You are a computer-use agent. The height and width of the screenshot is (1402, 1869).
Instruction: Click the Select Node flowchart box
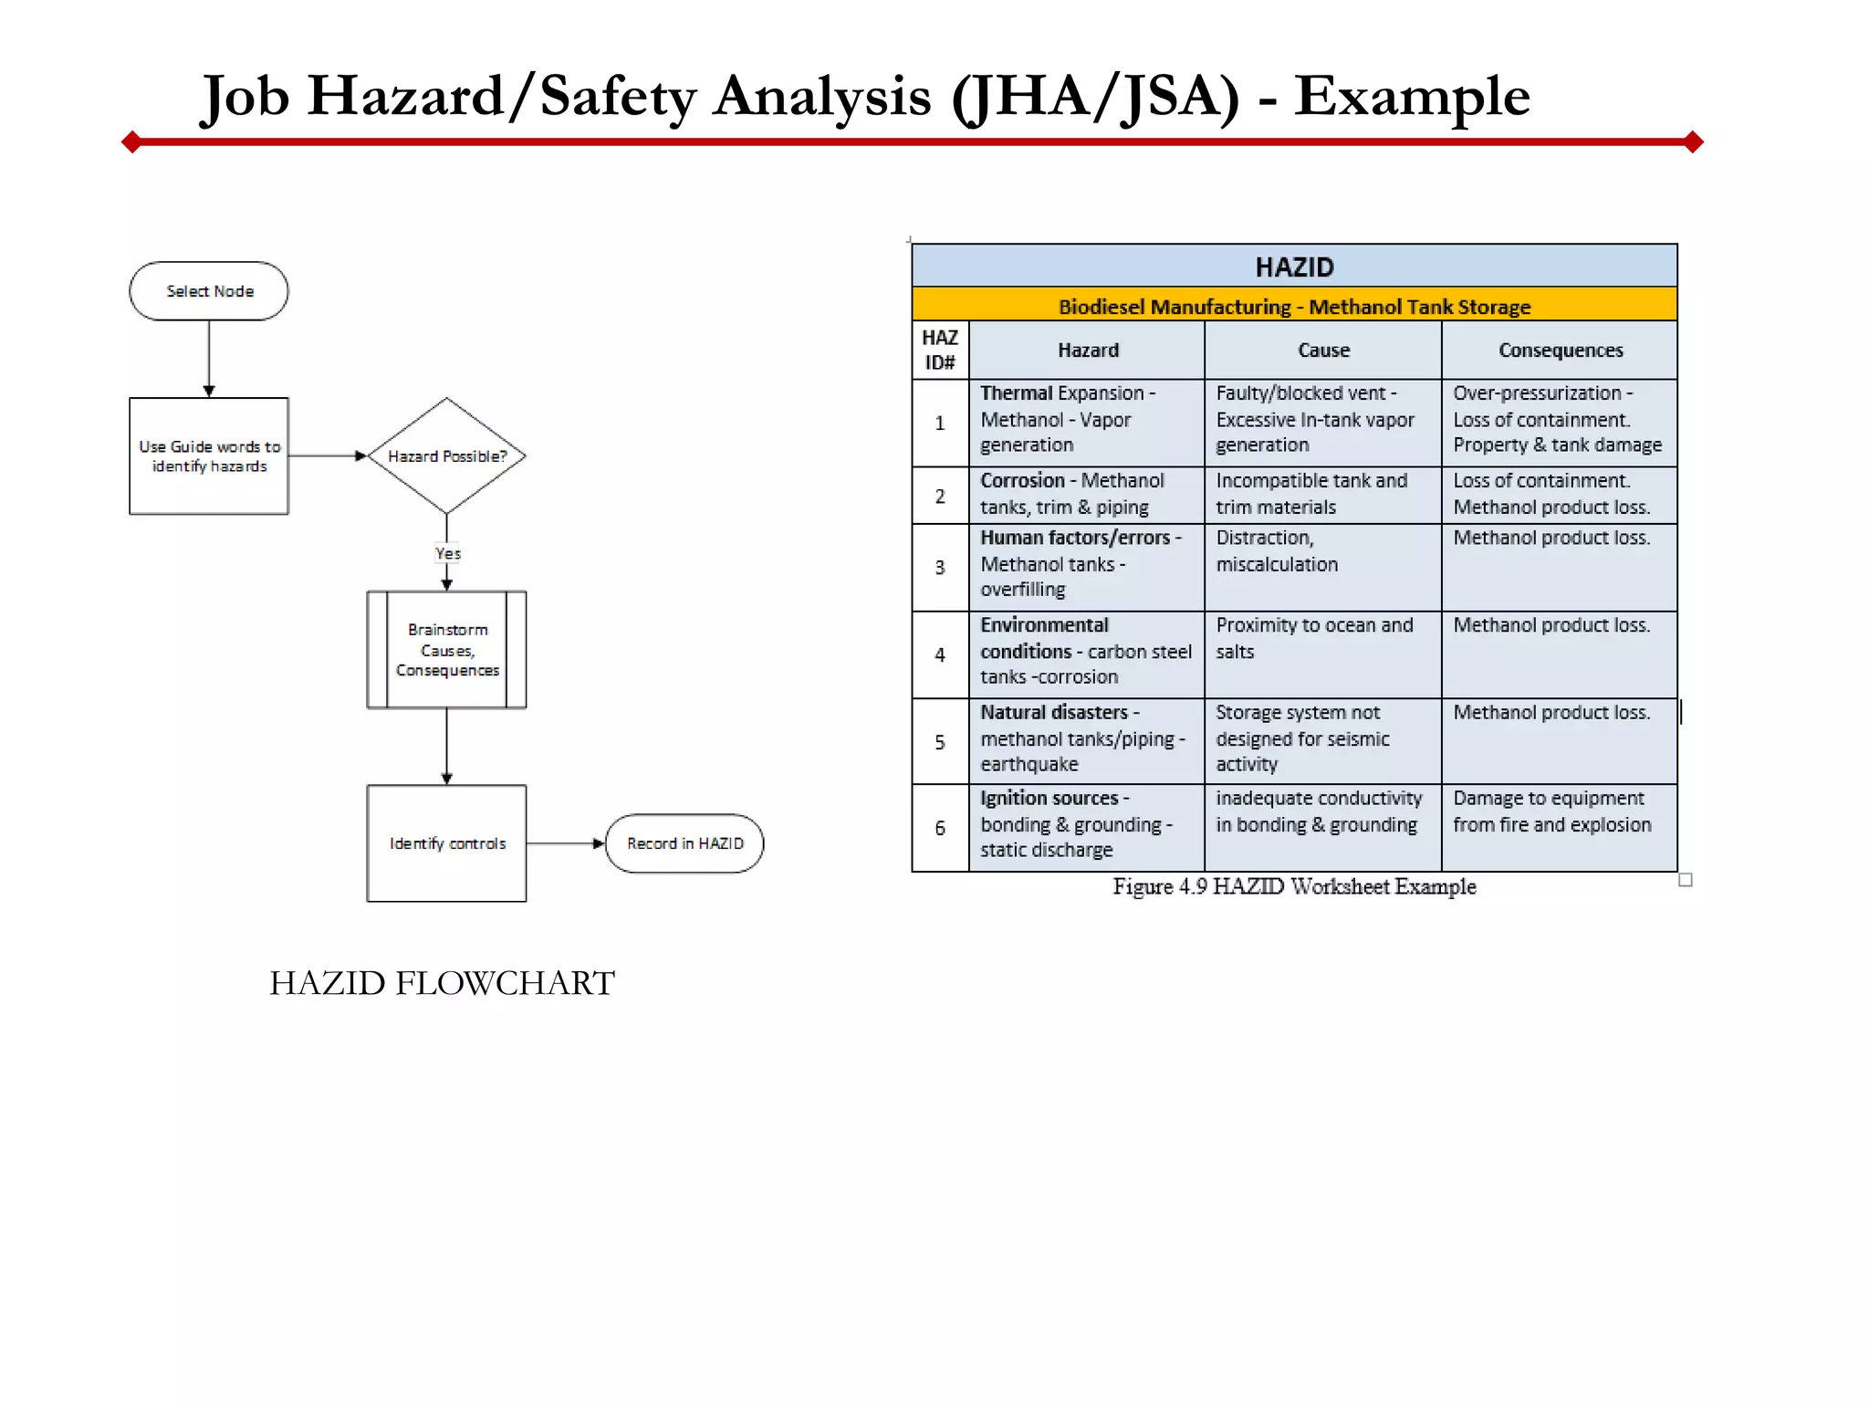pyautogui.click(x=209, y=291)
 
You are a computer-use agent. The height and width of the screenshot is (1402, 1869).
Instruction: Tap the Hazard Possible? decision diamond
pyautogui.click(x=446, y=455)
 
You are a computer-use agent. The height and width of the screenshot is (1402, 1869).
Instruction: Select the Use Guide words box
pyautogui.click(x=209, y=455)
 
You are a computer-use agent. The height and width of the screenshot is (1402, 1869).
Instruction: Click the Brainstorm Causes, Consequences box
pyautogui.click(x=446, y=649)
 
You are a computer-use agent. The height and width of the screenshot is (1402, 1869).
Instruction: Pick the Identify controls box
pyautogui.click(x=446, y=843)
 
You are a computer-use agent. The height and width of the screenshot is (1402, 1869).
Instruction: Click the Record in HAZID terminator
pyautogui.click(x=684, y=843)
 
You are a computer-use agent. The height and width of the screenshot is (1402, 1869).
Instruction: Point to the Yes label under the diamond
pyautogui.click(x=447, y=553)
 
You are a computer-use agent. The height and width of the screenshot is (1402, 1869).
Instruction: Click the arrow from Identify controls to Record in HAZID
pyautogui.click(x=566, y=843)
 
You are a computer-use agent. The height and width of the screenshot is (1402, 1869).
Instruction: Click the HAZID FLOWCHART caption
pyautogui.click(x=442, y=983)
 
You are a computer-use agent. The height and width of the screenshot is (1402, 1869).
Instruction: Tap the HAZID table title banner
pyautogui.click(x=1294, y=267)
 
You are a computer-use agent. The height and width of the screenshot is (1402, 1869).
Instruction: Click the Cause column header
pyautogui.click(x=1323, y=350)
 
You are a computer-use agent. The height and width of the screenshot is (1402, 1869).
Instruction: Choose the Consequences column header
pyautogui.click(x=1561, y=350)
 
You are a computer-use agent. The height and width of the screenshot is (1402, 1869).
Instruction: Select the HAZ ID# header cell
pyautogui.click(x=940, y=350)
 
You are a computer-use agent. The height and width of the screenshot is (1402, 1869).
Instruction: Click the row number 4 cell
pyautogui.click(x=940, y=654)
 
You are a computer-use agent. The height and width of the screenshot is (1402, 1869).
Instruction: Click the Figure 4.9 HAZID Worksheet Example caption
pyautogui.click(x=1293, y=886)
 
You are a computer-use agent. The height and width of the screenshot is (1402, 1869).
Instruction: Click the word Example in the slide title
pyautogui.click(x=1412, y=96)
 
